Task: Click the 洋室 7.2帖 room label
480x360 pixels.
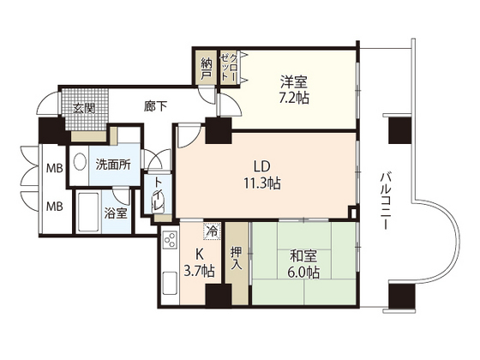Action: coord(293,89)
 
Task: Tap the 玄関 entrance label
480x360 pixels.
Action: coord(83,109)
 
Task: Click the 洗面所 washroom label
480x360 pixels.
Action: coord(112,164)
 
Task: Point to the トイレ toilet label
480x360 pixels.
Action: coord(159,199)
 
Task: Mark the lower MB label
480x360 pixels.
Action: coord(54,206)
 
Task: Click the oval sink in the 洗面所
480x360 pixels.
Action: coord(79,162)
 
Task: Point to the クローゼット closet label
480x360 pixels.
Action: coord(229,67)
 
